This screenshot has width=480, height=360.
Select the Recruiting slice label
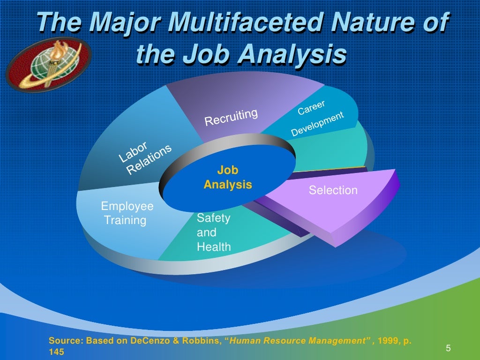[231, 117]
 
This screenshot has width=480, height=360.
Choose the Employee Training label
[127, 213]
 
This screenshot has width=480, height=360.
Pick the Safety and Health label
[214, 232]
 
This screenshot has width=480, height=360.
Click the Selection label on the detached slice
[333, 190]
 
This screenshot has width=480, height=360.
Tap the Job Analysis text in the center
[228, 177]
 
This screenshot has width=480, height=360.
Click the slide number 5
[448, 348]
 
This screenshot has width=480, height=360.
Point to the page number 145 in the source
[56, 351]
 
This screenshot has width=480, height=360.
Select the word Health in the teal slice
[214, 247]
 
